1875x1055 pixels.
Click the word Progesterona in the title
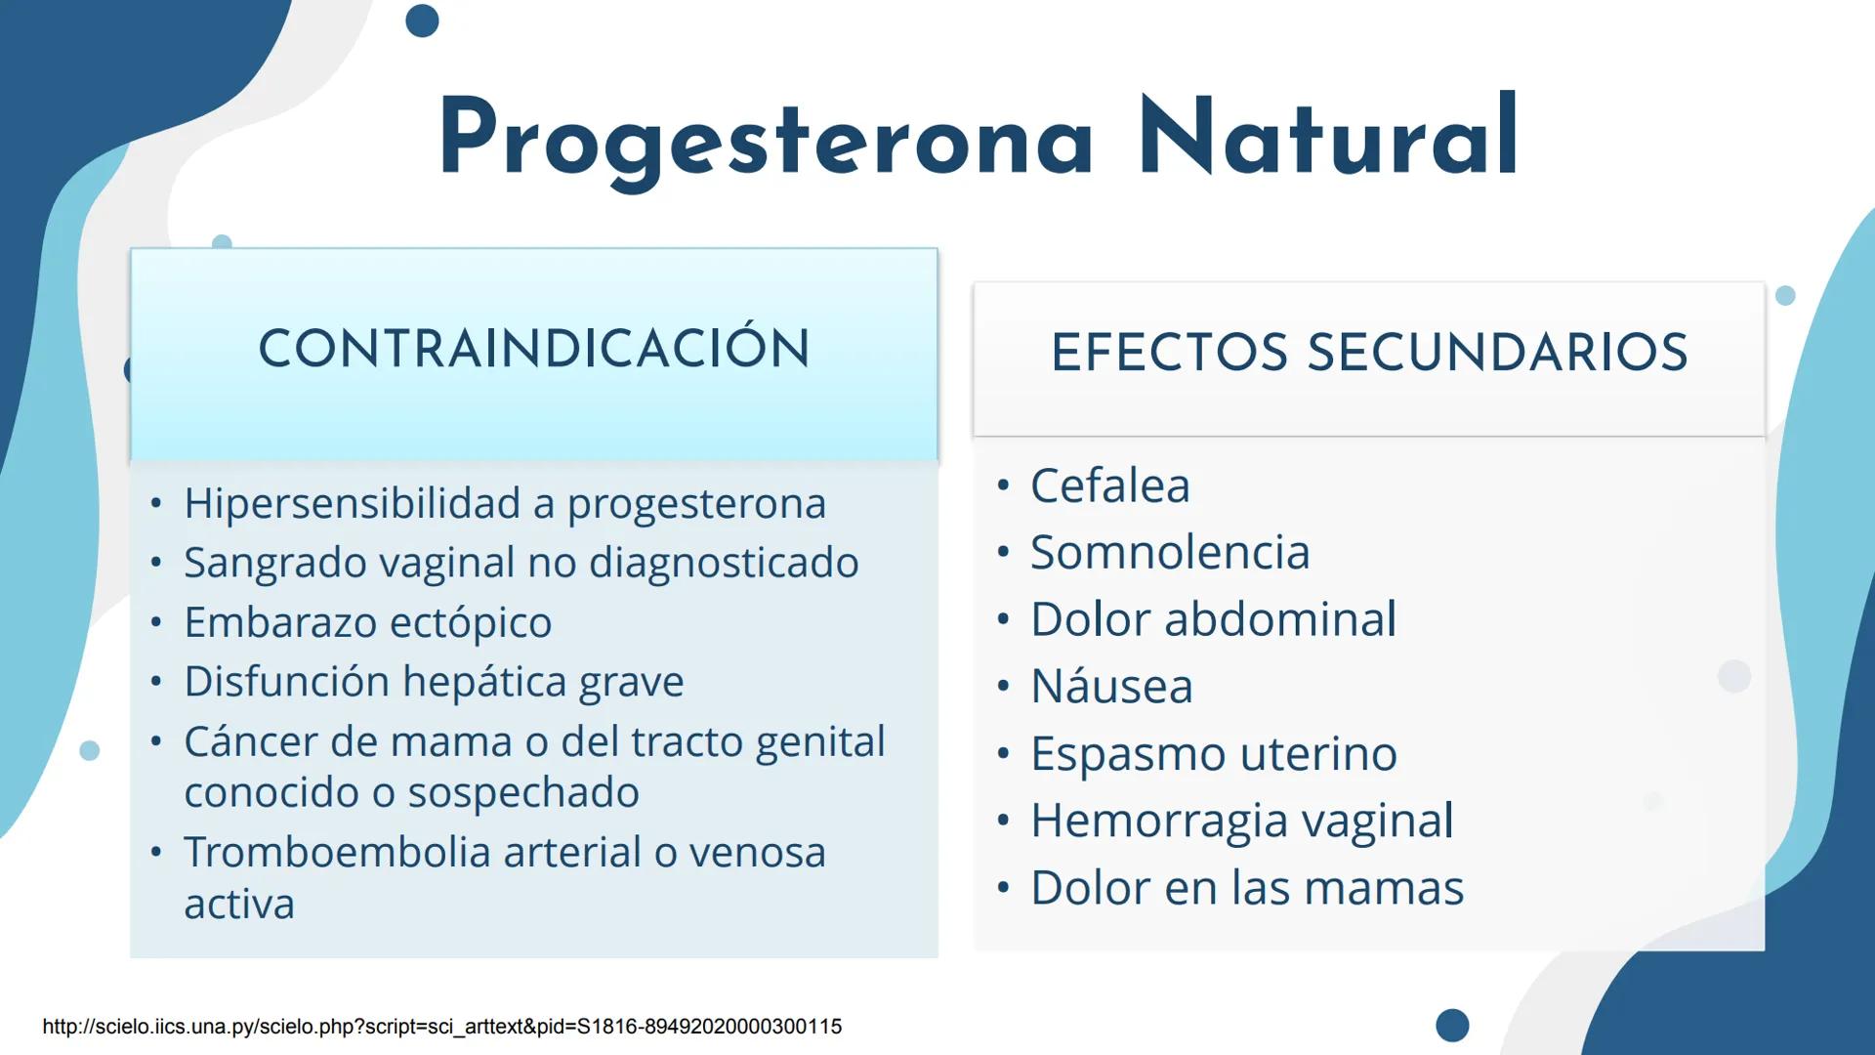point(767,139)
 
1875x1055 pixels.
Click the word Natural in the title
point(1328,139)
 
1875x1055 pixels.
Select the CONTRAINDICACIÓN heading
point(534,349)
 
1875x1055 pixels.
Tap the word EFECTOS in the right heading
point(1169,353)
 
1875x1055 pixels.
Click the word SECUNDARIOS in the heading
point(1498,353)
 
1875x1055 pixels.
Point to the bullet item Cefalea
point(1110,485)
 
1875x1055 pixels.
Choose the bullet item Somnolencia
point(1170,553)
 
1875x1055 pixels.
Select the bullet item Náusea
point(1111,687)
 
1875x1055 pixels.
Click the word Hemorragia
point(1159,821)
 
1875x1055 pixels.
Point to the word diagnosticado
point(724,564)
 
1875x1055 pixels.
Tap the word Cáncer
point(250,741)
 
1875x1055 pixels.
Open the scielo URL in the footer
point(441,1027)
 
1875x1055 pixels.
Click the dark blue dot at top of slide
point(422,21)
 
